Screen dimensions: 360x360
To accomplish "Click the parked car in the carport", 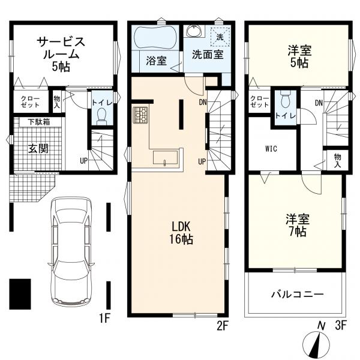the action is pyautogui.click(x=71, y=251).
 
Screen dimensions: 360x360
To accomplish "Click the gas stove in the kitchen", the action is pyautogui.click(x=140, y=115).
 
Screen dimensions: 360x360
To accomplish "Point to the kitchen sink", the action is pyautogui.click(x=166, y=157).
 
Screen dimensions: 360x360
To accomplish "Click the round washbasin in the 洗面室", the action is pyautogui.click(x=194, y=31).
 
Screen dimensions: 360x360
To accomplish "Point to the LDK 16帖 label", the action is pyautogui.click(x=181, y=233).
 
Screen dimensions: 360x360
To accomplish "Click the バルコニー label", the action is pyautogui.click(x=298, y=294).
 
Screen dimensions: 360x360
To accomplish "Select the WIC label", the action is pyautogui.click(x=271, y=149).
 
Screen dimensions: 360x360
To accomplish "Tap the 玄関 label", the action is pyautogui.click(x=38, y=149).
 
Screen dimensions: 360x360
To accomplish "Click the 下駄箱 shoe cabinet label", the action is pyautogui.click(x=39, y=122).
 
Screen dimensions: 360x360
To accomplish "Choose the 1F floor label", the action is pyautogui.click(x=104, y=319).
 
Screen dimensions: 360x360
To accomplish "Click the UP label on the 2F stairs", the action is pyautogui.click(x=202, y=162).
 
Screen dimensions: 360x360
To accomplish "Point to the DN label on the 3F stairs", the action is pyautogui.click(x=319, y=103).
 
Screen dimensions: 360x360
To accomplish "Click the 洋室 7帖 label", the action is pyautogui.click(x=298, y=226).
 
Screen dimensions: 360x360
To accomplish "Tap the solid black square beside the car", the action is pyautogui.click(x=20, y=294).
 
